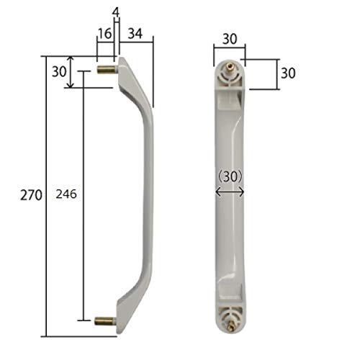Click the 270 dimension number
(30, 194)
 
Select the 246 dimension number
(67, 194)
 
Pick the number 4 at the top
(115, 11)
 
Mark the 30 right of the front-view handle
(288, 73)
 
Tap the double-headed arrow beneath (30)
(230, 192)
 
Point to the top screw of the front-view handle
(230, 71)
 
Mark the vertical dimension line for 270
(47, 194)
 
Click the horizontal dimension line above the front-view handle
(230, 48)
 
